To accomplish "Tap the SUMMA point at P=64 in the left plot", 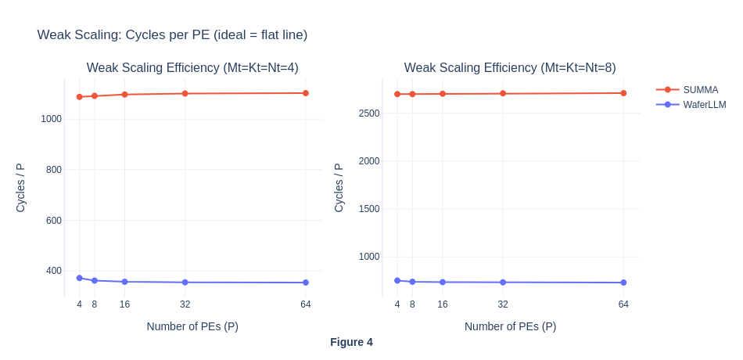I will pos(306,93).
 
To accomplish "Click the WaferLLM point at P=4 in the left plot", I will pos(80,278).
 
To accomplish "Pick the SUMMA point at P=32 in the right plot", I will pos(503,93).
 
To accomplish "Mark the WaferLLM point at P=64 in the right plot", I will pos(623,283).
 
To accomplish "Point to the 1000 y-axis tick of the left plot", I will pos(51,119).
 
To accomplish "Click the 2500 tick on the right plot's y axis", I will pos(368,113).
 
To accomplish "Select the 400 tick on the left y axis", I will pos(53,271).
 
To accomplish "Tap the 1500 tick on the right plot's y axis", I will pos(368,209).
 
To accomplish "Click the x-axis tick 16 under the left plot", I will pos(124,304).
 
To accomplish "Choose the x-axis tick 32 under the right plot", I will pos(503,304).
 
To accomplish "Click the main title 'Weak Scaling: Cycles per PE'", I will pos(172,34).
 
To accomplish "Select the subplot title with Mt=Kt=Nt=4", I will pos(192,67).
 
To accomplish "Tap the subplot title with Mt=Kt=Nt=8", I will pos(510,67).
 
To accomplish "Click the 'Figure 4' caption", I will pos(351,342).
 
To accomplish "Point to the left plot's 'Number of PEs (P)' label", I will pos(192,326).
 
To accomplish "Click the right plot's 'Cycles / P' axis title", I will pos(339,188).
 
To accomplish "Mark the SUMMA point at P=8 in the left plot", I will pos(95,96).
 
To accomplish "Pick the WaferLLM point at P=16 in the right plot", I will pos(443,282).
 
